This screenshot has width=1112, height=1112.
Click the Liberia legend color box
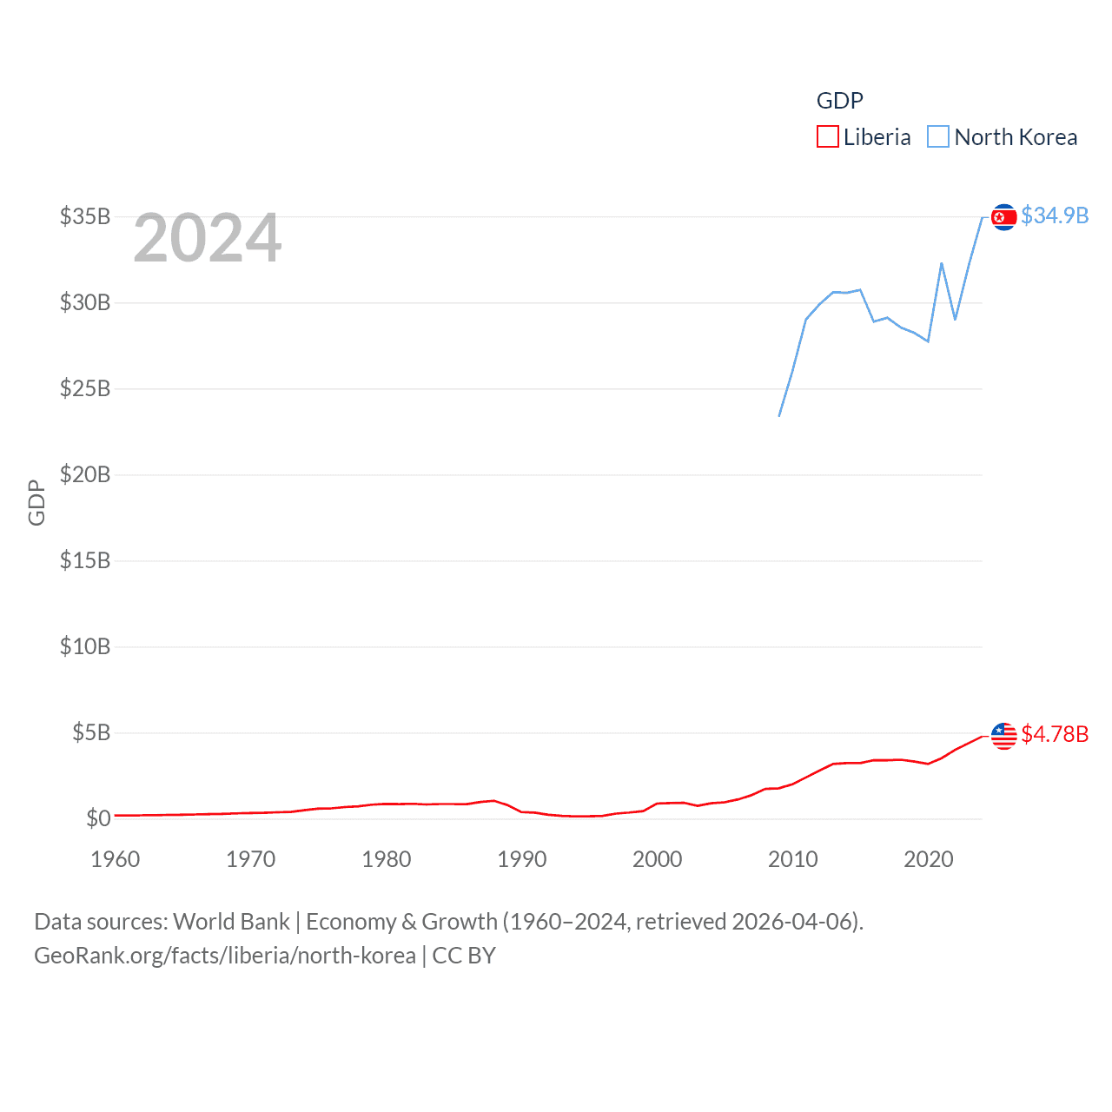827,137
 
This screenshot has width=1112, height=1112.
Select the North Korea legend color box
938,137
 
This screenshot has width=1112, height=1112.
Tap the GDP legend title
839,101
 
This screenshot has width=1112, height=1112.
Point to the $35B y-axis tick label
85,216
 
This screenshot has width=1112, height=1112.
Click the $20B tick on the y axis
85,474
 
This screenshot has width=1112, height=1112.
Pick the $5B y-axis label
91,732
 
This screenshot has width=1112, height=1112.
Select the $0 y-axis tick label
98,818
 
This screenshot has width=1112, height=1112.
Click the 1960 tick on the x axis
116,859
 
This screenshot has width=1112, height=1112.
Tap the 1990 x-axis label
522,859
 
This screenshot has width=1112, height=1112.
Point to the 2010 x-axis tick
793,859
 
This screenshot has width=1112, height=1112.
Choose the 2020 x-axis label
929,859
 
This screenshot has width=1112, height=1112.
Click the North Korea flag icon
1003,216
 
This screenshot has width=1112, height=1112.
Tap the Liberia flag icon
1003,735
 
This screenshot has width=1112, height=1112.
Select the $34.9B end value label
1055,215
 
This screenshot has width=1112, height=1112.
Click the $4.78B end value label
1055,734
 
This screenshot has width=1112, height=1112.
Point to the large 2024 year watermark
207,238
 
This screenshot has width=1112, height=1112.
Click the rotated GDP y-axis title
36,502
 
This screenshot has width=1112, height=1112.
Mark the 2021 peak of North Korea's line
942,263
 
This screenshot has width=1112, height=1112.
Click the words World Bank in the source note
232,921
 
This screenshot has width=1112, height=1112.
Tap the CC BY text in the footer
464,956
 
